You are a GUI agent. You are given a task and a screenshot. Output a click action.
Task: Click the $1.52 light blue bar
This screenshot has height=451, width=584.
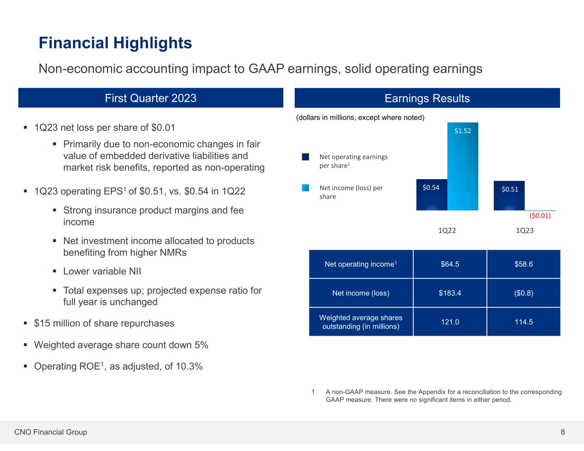coord(462,167)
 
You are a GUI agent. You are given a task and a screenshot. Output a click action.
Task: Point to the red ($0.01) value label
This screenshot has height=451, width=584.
coord(540,216)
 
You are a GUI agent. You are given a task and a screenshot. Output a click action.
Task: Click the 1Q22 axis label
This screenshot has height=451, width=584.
coord(447,230)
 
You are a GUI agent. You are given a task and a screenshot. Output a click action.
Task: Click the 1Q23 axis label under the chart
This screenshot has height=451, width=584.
coord(525,230)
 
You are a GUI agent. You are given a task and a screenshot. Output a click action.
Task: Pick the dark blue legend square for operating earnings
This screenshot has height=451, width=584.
coord(305,157)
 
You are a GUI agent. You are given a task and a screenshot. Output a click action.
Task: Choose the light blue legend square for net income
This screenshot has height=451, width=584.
coord(305,188)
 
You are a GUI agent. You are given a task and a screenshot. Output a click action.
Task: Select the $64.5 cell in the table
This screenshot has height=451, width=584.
coord(450,264)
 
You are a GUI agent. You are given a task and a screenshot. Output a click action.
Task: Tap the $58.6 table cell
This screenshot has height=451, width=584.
coord(524,264)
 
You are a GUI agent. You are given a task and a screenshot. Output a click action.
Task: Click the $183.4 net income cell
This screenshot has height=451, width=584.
coord(450,293)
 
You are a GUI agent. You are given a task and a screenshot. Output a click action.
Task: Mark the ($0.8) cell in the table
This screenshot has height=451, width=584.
coord(524,293)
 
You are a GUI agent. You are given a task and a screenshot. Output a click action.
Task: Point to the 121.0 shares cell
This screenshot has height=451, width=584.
coord(450,322)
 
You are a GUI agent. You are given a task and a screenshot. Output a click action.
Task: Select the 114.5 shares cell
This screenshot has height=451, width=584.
coord(524,322)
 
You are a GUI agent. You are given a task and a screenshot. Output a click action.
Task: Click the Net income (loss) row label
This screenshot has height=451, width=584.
coord(361,293)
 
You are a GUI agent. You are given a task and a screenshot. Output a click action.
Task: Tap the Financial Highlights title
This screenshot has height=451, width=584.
coord(115,43)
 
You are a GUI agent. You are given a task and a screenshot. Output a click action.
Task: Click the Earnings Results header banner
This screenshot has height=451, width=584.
coord(427,98)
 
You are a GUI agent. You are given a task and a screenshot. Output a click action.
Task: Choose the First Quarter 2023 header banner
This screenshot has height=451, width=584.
coord(151,98)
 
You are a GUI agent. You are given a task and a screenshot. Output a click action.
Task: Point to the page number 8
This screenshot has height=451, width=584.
coord(563,432)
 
